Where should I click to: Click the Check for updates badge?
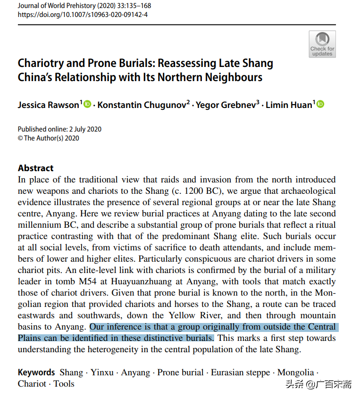[322, 44]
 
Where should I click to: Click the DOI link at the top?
[83, 15]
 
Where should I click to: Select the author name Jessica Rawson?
[49, 105]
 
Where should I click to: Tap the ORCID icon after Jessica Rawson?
[87, 104]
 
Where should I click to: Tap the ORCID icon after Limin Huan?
[321, 104]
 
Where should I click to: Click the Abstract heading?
[36, 168]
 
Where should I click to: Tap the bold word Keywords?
[37, 372]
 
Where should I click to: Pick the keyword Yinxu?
[102, 372]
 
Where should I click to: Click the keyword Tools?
[64, 383]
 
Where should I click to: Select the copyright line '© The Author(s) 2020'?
[49, 138]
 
